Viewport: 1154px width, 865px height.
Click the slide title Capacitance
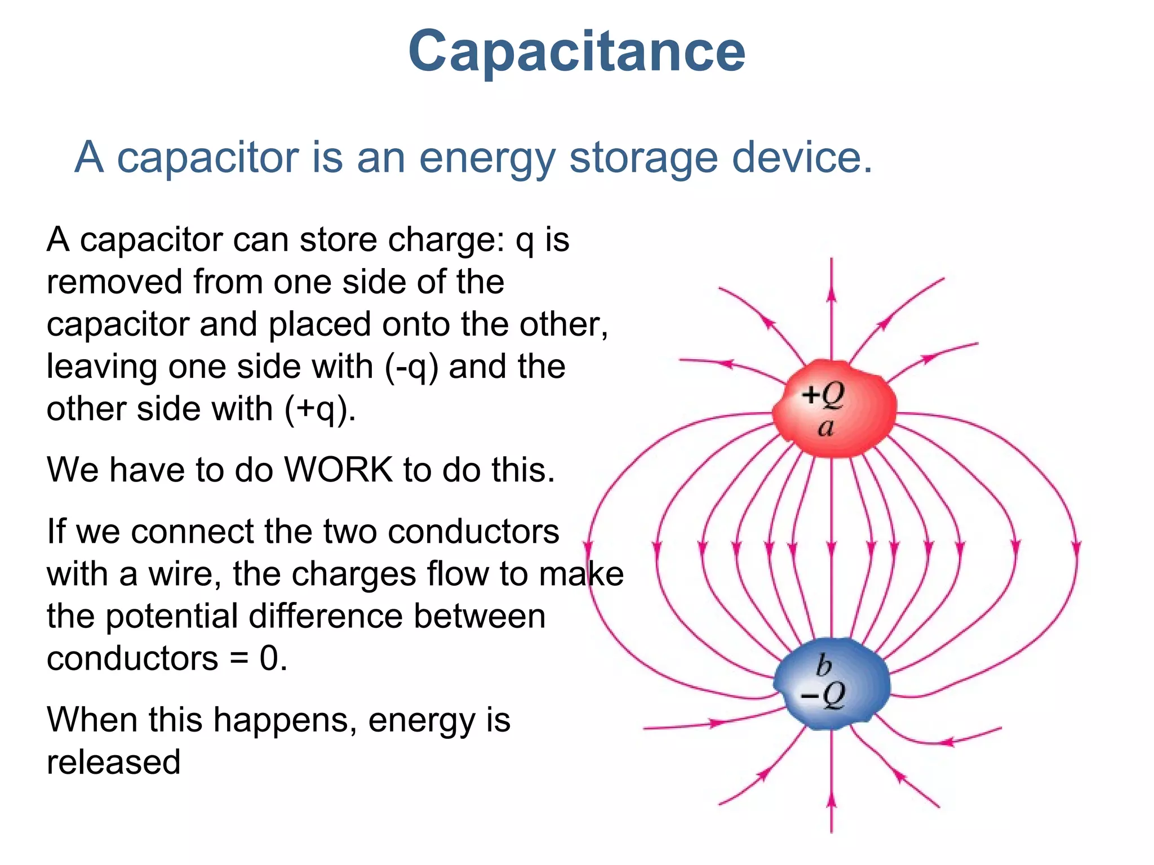(x=576, y=52)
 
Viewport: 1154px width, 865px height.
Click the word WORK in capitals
(x=338, y=469)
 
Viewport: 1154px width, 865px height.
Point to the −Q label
(x=823, y=695)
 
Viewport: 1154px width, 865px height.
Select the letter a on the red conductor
(x=825, y=428)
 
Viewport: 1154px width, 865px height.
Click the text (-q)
(x=411, y=367)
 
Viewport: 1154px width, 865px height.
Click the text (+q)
(x=319, y=409)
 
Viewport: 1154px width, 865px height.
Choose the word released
(x=113, y=762)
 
